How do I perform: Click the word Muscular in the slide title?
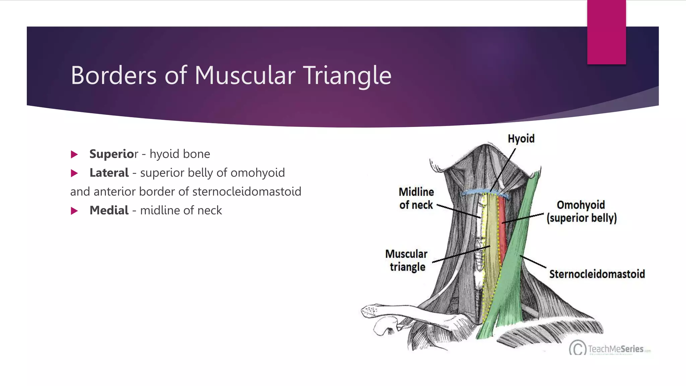[x=245, y=75]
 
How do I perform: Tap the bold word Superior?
[x=113, y=154]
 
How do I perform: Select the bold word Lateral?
[x=109, y=173]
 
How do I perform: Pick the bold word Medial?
[x=109, y=210]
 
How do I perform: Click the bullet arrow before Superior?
[x=74, y=154]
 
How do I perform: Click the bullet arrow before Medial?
[x=74, y=211]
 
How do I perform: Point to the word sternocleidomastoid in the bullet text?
[x=247, y=192]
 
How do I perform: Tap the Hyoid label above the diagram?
[x=521, y=139]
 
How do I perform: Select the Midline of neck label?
[x=416, y=198]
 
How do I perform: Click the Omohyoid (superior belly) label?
[x=581, y=211]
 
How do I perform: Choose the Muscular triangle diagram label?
[x=407, y=260]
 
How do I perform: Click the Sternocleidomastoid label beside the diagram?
[x=597, y=274]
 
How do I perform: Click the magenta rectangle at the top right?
[x=606, y=32]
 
